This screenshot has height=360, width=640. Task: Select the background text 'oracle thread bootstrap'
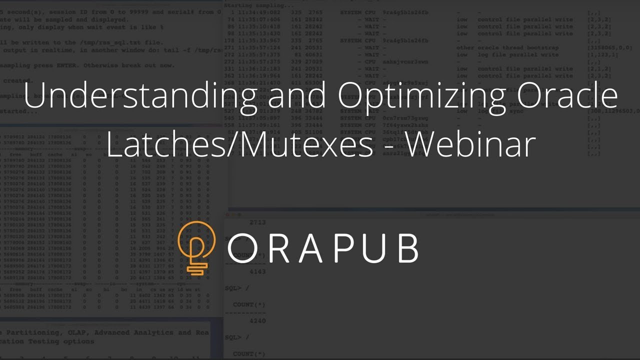pyautogui.click(x=524, y=47)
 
